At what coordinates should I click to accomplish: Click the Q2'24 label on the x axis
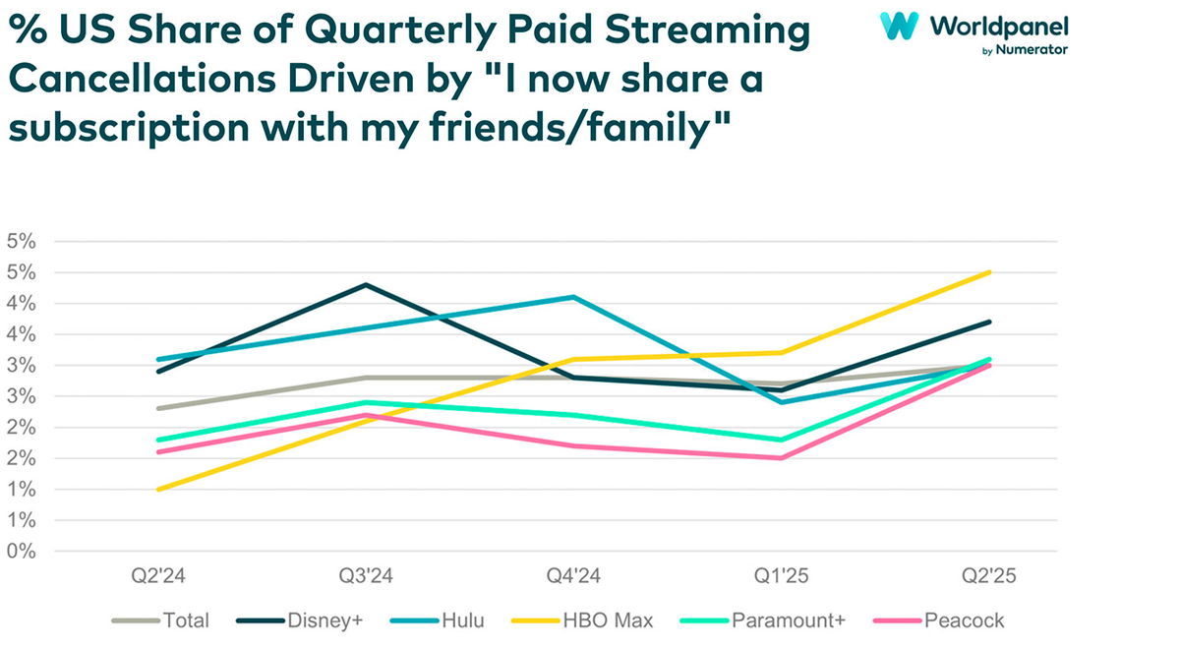tap(157, 574)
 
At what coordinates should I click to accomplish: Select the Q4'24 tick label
tap(574, 574)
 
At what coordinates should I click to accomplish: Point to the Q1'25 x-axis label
tap(782, 574)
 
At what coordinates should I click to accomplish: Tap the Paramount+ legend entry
tap(788, 620)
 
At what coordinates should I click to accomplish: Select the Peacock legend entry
tap(964, 620)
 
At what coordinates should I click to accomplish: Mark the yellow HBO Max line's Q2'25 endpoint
tap(989, 272)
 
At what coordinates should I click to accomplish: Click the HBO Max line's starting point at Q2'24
tap(157, 489)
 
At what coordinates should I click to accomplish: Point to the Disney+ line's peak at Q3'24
tap(366, 285)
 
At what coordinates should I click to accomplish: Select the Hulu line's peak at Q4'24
tap(574, 297)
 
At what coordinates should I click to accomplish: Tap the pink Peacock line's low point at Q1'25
tap(782, 458)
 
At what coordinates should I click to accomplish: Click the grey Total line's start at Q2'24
tap(157, 408)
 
